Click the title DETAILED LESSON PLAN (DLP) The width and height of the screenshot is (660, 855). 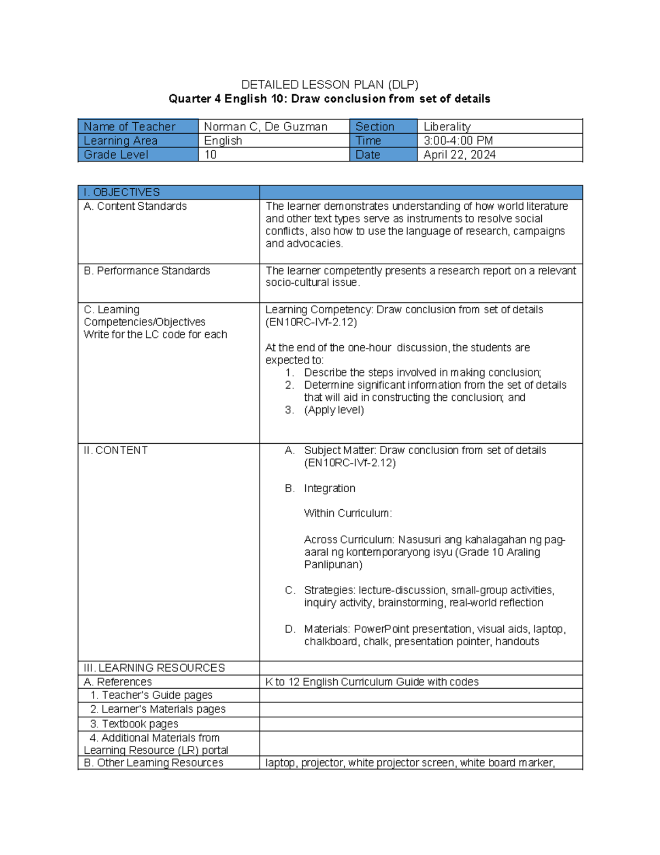[329, 85]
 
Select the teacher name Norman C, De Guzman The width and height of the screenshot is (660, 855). [266, 127]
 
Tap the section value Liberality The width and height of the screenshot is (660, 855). [447, 127]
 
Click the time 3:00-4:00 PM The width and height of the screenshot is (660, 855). [458, 141]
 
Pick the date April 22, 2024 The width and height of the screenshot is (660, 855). [459, 155]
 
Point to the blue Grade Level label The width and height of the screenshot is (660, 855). [116, 155]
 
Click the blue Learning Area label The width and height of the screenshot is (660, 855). [120, 141]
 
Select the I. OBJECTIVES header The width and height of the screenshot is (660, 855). [122, 192]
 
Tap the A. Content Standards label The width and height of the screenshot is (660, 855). [135, 206]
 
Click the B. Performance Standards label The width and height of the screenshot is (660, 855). [147, 271]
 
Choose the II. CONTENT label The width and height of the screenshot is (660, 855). [116, 450]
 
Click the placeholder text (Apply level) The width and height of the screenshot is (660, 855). [334, 410]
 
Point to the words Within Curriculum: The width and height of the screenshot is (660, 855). [348, 513]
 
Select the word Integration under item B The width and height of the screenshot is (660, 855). [329, 488]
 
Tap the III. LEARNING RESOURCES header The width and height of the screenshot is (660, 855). [154, 668]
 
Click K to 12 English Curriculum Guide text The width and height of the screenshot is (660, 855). [372, 682]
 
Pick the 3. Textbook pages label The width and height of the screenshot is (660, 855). [134, 724]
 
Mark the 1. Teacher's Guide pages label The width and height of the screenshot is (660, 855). [151, 695]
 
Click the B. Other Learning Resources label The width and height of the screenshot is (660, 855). [153, 763]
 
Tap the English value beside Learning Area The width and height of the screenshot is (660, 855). [223, 141]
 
